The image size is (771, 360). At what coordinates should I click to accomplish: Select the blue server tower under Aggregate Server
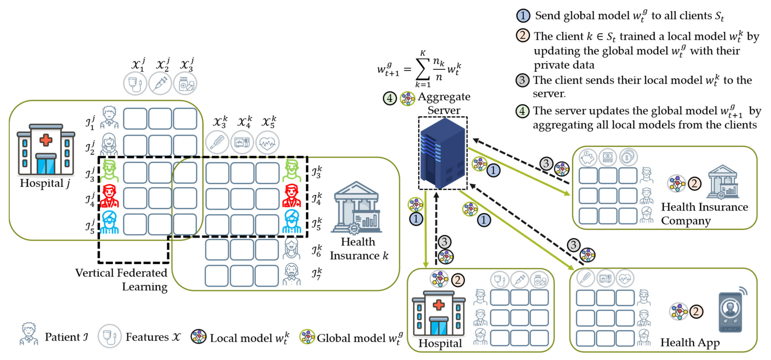(443, 153)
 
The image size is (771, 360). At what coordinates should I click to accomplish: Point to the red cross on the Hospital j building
(46, 140)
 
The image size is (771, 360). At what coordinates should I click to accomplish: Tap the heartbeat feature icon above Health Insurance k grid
(267, 143)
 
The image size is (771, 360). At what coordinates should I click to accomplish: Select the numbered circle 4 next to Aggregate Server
(390, 98)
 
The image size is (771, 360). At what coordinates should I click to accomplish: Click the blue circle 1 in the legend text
(523, 16)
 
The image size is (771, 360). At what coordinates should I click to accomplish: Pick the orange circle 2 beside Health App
(696, 312)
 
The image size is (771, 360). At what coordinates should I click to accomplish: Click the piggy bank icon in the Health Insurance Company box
(588, 157)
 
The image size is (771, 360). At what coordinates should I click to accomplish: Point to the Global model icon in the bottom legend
(307, 337)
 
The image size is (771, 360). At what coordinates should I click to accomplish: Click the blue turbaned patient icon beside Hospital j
(109, 223)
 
